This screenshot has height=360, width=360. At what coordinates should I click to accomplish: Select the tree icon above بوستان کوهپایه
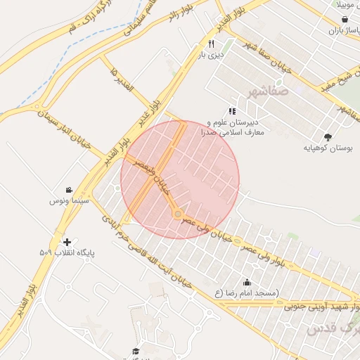(327, 136)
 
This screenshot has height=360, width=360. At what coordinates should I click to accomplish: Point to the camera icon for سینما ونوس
(69, 191)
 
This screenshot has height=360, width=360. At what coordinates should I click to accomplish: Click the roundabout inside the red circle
(178, 214)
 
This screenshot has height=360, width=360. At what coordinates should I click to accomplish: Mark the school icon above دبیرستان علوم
(232, 111)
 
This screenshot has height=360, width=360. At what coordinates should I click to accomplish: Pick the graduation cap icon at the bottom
(135, 351)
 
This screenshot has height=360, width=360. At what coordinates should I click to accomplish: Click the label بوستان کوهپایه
(327, 148)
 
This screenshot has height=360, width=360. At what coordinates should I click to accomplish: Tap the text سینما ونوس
(67, 201)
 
